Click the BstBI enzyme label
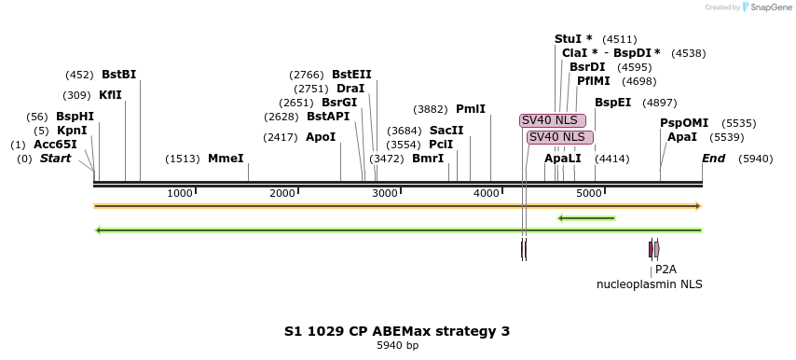click(118, 75)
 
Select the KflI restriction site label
click(110, 95)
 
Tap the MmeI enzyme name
click(226, 159)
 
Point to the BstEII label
click(351, 75)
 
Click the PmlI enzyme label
click(471, 109)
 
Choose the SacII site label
click(446, 131)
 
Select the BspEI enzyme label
click(613, 103)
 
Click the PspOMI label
click(684, 123)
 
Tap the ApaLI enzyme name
click(563, 159)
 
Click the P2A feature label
click(666, 270)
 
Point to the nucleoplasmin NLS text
click(650, 284)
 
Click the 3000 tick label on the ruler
click(385, 193)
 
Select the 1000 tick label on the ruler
click(180, 193)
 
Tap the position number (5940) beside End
click(755, 159)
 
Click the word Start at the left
click(55, 159)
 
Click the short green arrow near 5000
click(586, 218)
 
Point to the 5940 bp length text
click(397, 346)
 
